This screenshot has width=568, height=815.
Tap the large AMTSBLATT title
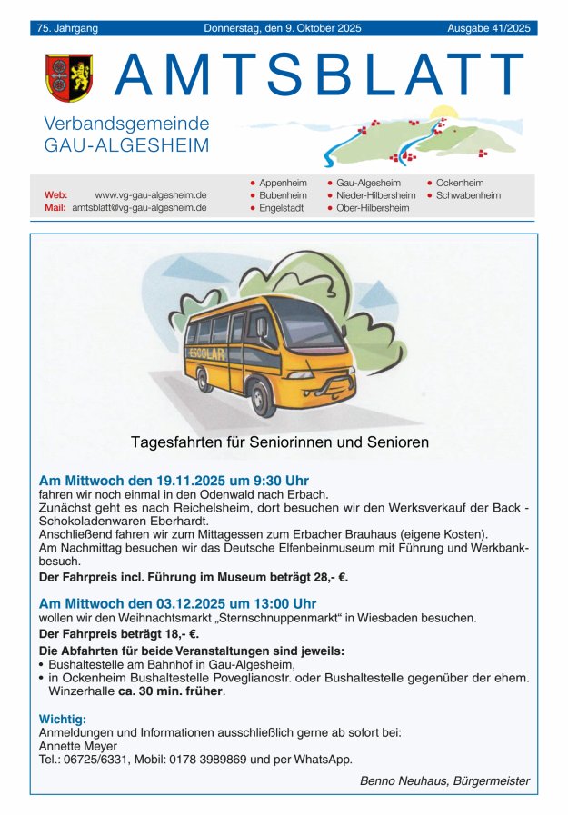[x=319, y=76]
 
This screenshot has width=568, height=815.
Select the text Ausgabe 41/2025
[x=488, y=28]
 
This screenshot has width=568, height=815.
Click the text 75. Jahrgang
[x=67, y=28]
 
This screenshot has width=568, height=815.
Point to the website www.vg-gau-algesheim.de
[x=151, y=195]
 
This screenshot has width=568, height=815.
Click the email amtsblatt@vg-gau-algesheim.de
[x=139, y=208]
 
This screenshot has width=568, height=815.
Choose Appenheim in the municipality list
[x=283, y=183]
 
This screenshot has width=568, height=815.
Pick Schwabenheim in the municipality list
[x=468, y=195]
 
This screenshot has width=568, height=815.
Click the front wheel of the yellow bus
[x=263, y=397]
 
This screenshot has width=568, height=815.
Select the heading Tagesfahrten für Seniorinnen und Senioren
[x=280, y=442]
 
